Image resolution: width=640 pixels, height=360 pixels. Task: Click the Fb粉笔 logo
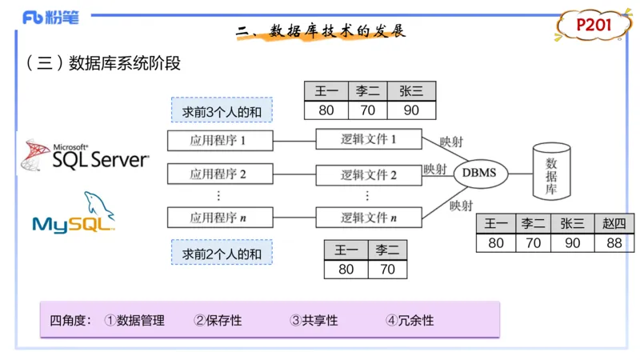tap(50, 18)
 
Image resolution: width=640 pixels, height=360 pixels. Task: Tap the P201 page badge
tap(594, 26)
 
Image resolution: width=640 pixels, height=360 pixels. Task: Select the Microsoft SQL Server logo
tap(85, 156)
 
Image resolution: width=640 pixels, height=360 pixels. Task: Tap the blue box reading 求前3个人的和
tap(222, 110)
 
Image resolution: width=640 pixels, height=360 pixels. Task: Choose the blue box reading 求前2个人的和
tap(222, 253)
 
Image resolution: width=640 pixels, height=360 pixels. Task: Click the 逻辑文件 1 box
tap(368, 139)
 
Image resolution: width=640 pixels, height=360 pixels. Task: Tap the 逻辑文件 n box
tap(368, 217)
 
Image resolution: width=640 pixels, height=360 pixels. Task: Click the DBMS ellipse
tap(479, 173)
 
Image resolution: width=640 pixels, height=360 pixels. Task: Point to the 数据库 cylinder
tap(550, 171)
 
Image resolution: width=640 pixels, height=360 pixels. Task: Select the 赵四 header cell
tap(614, 224)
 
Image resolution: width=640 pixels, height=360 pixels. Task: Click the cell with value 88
tap(614, 242)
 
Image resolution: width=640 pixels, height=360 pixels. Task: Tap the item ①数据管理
tap(134, 320)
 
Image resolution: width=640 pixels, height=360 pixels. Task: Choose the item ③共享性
tap(314, 320)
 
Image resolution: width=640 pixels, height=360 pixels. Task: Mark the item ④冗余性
tap(410, 320)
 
